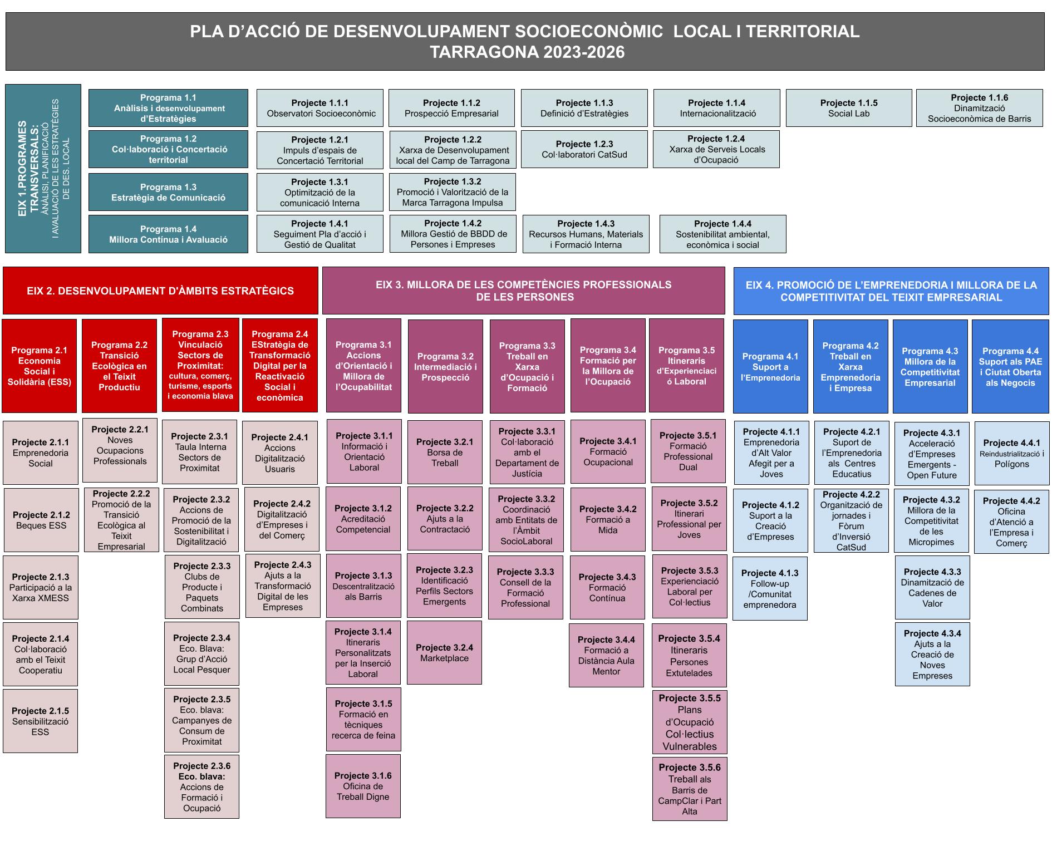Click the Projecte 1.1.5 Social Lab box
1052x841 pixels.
point(848,108)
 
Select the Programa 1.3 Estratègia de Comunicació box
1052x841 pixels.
point(168,192)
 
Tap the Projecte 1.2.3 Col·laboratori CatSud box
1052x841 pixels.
point(584,149)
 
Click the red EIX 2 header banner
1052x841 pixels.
point(160,291)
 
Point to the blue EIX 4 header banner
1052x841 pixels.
point(891,291)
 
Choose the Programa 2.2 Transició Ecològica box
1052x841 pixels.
point(119,366)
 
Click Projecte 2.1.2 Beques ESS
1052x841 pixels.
point(41,520)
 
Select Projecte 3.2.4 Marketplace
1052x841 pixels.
point(444,652)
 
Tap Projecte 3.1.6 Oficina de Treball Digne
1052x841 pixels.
point(363,786)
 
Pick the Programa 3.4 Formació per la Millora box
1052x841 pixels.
point(607,366)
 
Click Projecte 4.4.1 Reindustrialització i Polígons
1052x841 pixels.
point(1011,453)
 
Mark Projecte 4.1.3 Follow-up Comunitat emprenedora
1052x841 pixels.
point(770,588)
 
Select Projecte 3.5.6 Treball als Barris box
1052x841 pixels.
point(689,789)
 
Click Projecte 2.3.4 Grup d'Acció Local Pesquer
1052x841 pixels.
point(201,653)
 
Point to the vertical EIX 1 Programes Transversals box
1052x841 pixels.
point(43,169)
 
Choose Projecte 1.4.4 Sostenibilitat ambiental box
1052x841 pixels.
point(722,234)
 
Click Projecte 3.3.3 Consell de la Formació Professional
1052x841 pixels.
point(525,587)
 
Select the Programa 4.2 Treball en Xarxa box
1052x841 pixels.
point(850,366)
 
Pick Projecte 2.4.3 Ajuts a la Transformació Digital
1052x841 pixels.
point(283,586)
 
